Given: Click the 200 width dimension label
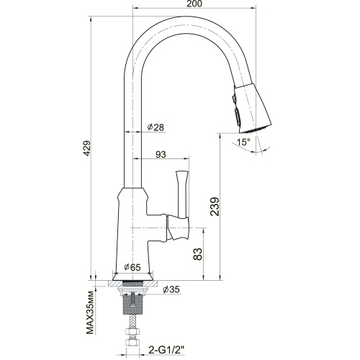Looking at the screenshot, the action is (x=194, y=4).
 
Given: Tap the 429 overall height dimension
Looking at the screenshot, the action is (x=86, y=148).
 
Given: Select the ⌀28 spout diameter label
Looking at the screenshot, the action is (x=156, y=127).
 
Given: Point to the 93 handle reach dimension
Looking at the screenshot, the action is (x=161, y=154).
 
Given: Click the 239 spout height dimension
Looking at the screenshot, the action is (x=215, y=207).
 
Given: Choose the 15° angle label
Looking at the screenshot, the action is (x=243, y=142).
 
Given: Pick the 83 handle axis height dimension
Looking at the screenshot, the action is (x=198, y=254).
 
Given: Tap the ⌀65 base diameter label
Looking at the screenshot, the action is (x=132, y=267).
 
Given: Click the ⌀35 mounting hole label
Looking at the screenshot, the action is (x=171, y=289).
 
